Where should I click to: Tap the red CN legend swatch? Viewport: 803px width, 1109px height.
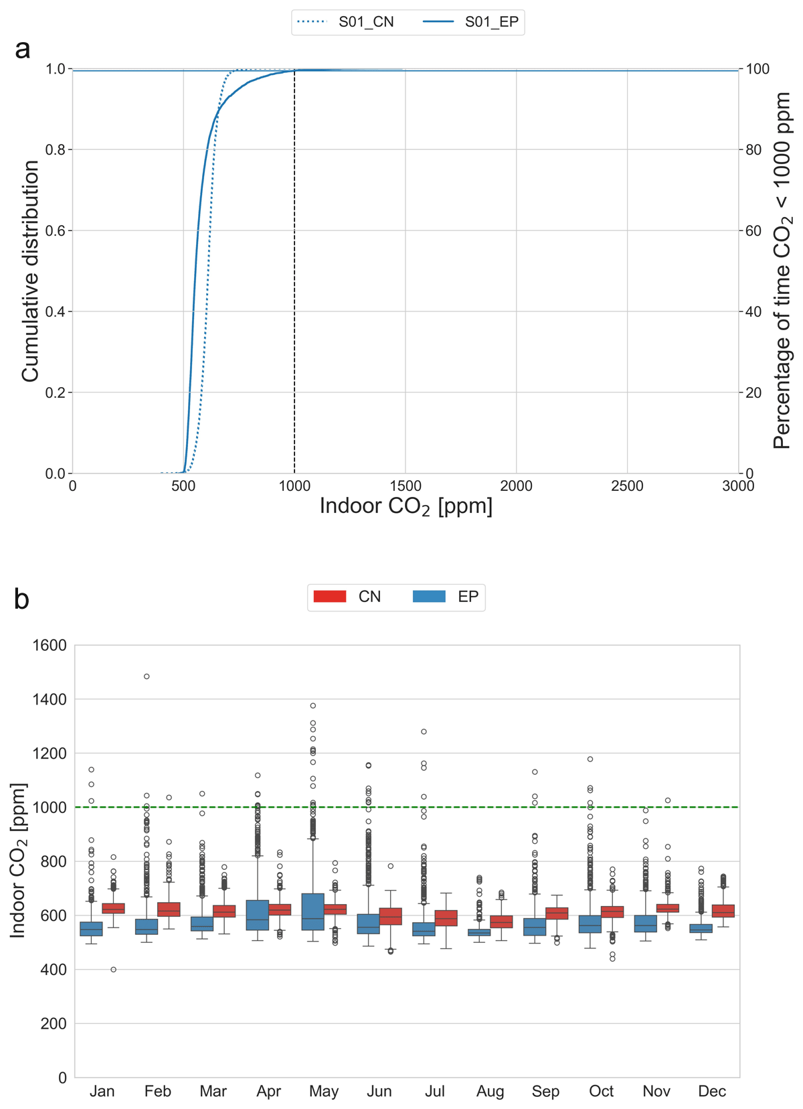(330, 596)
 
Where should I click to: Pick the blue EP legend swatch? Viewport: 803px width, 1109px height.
(429, 596)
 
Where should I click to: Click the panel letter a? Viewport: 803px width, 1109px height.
(22, 49)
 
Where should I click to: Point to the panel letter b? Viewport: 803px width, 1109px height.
(21, 599)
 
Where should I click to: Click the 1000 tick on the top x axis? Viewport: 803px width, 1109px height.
(294, 486)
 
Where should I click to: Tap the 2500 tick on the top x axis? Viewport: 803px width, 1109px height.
(627, 486)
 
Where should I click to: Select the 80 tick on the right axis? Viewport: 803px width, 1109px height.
(754, 150)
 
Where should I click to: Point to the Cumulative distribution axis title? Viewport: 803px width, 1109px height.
(30, 271)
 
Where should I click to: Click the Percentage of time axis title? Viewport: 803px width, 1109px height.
(782, 271)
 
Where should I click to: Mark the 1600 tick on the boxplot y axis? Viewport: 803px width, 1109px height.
(50, 646)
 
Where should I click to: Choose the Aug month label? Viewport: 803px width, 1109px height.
(490, 1092)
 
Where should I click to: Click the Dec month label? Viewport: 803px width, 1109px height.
(711, 1092)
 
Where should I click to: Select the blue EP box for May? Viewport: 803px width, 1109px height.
(313, 911)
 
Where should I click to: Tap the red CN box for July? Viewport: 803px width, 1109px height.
(446, 918)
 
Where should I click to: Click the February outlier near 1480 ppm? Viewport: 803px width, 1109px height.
(147, 676)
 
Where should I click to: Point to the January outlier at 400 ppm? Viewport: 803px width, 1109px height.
(114, 969)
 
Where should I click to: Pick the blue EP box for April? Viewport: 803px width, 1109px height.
(258, 915)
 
